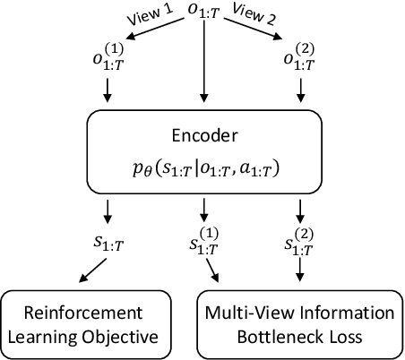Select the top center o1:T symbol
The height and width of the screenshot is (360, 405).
(x=204, y=11)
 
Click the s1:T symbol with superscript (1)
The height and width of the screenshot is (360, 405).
(x=205, y=244)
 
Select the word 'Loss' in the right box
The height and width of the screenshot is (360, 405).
(x=341, y=338)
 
